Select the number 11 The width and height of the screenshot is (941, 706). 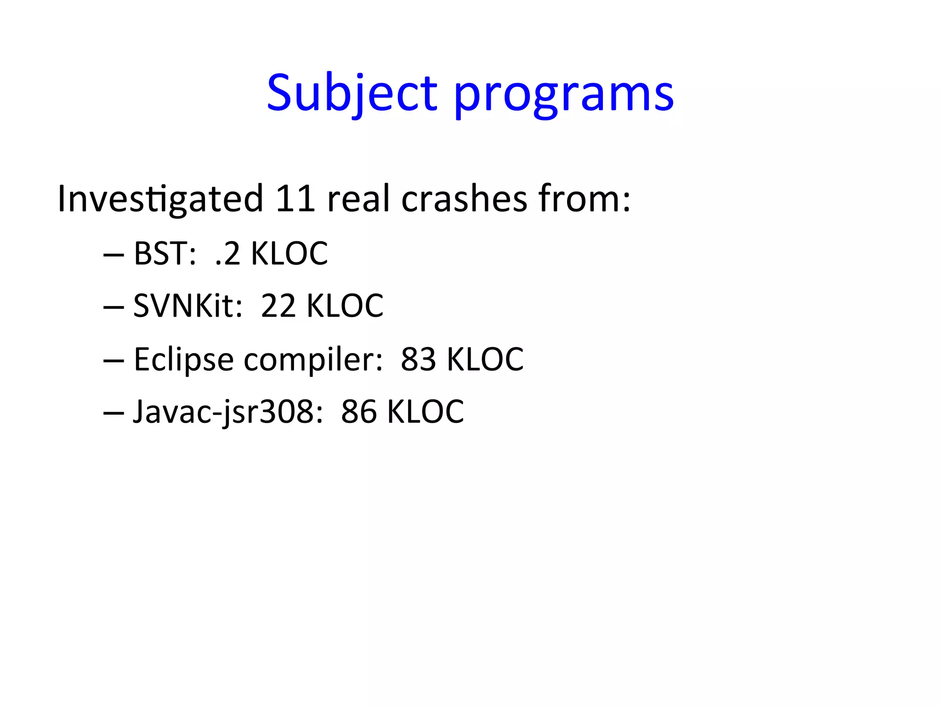point(295,199)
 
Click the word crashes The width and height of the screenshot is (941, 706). point(464,199)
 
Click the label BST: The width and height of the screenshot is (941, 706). point(165,253)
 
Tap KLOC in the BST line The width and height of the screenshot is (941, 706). point(289,253)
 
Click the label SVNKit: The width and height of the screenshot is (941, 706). point(187,306)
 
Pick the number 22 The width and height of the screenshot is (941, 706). point(278,306)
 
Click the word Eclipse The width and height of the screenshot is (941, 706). point(183,359)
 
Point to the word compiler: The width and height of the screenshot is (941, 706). point(313,360)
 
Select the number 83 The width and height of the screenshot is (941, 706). point(418,359)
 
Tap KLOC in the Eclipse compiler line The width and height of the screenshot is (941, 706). point(485,359)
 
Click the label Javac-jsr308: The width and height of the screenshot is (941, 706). point(228,412)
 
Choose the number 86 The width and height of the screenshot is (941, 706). point(358,412)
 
